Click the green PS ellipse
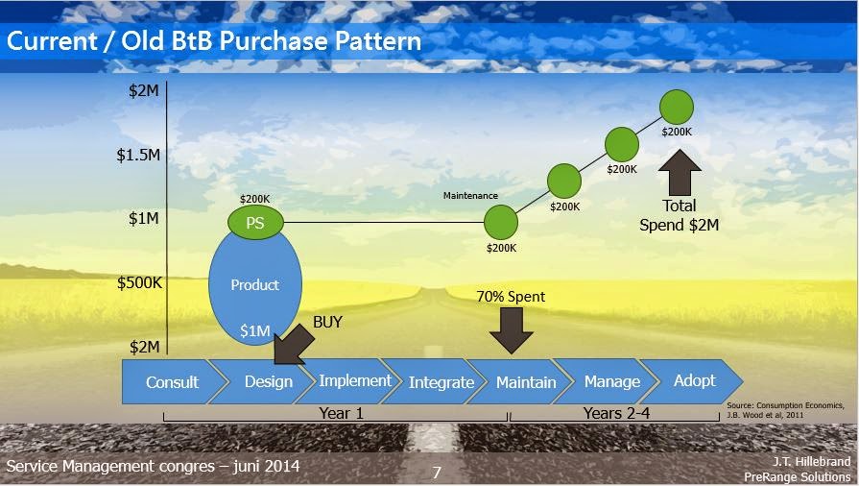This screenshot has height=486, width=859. pyautogui.click(x=255, y=222)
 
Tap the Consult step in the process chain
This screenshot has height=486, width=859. pyautogui.click(x=172, y=382)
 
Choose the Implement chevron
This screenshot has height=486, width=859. pyautogui.click(x=354, y=381)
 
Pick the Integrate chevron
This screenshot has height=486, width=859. pyautogui.click(x=441, y=382)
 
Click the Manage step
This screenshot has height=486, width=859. pyautogui.click(x=611, y=382)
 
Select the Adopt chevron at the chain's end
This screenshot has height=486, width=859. pyautogui.click(x=694, y=381)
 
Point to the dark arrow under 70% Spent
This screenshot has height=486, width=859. pyautogui.click(x=511, y=331)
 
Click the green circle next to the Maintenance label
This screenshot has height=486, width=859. pyautogui.click(x=500, y=222)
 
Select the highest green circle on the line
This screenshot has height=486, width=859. pyautogui.click(x=677, y=106)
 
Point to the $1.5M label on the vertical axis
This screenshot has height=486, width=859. pyautogui.click(x=138, y=155)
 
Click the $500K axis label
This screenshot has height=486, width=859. pyautogui.click(x=138, y=282)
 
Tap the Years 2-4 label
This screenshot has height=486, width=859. pyautogui.click(x=615, y=413)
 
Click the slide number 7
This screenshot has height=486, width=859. pyautogui.click(x=437, y=473)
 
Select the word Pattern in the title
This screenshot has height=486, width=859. pyautogui.click(x=370, y=41)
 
